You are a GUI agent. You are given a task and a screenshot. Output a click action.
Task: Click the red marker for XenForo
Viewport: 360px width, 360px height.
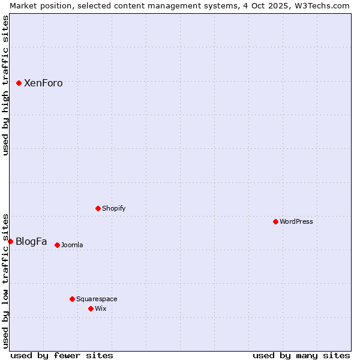click(x=19, y=83)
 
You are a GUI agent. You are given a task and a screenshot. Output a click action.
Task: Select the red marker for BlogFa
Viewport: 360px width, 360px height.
click(x=10, y=241)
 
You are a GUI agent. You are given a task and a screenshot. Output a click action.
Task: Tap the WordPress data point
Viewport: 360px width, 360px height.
click(x=276, y=221)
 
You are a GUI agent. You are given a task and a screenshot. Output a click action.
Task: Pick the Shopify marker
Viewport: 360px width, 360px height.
click(x=98, y=208)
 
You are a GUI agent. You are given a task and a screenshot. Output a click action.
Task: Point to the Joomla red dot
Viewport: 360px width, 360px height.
click(x=57, y=245)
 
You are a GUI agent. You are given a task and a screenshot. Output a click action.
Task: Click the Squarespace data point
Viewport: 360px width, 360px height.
click(x=72, y=299)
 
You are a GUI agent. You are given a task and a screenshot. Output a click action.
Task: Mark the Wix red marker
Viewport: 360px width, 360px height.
click(x=91, y=308)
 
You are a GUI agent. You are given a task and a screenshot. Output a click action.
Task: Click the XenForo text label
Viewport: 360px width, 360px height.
click(x=43, y=83)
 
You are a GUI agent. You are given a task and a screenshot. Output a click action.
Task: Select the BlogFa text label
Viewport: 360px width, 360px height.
click(x=31, y=242)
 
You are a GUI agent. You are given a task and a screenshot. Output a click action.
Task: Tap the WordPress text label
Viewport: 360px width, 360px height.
click(x=296, y=222)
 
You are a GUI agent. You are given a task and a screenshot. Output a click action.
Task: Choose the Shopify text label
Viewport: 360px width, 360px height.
click(x=114, y=209)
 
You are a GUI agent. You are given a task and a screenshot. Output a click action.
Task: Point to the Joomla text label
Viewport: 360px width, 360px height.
click(x=72, y=245)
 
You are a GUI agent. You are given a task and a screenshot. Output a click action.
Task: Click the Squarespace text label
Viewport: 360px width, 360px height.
click(x=97, y=299)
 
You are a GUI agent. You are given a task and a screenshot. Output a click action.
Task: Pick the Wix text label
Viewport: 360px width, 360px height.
click(x=101, y=309)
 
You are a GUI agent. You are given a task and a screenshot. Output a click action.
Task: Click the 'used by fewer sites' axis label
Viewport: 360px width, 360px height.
click(x=62, y=355)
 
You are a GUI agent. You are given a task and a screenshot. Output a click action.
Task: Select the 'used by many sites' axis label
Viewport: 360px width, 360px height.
click(x=301, y=355)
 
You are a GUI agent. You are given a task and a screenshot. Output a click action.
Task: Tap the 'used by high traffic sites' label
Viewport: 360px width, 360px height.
click(x=5, y=85)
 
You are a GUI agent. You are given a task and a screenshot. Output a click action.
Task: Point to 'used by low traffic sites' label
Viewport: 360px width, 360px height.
click(x=5, y=281)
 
